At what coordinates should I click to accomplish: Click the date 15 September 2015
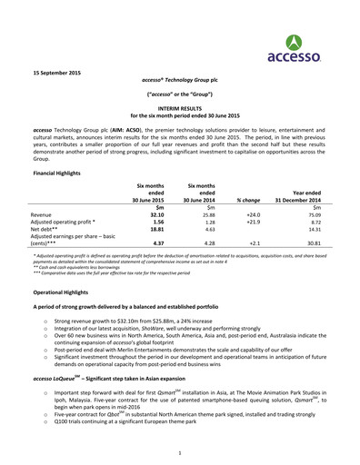tap(59, 70)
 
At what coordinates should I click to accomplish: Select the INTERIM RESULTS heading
tap(179, 105)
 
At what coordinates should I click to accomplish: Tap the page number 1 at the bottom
tap(180, 451)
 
